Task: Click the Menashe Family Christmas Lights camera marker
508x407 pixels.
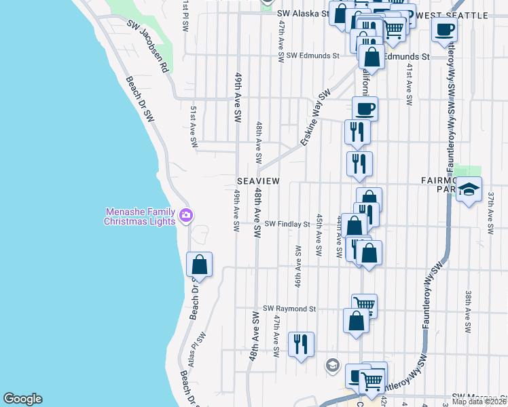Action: point(186,216)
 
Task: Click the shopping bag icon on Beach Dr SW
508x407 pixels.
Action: point(199,263)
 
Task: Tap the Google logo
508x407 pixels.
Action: point(22,399)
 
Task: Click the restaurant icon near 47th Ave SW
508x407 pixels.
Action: point(301,344)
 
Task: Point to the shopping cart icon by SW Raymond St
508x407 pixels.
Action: point(365,305)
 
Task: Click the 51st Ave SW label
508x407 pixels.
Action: point(194,126)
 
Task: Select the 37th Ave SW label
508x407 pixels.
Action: point(490,208)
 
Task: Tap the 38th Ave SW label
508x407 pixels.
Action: point(468,312)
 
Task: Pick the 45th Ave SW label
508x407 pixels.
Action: point(318,235)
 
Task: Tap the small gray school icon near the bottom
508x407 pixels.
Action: point(332,366)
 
